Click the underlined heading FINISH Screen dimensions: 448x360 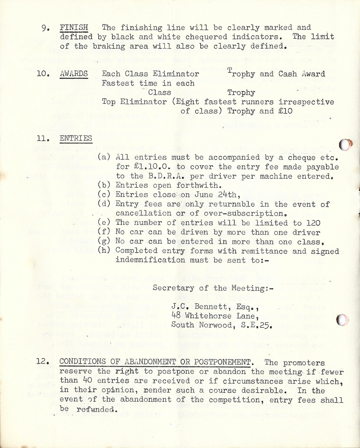pyautogui.click(x=74, y=27)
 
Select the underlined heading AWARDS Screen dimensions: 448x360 pyautogui.click(x=74, y=74)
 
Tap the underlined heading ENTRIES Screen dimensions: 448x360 pyautogui.click(x=76, y=138)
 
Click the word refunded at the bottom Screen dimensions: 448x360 pyautogui.click(x=96, y=409)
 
